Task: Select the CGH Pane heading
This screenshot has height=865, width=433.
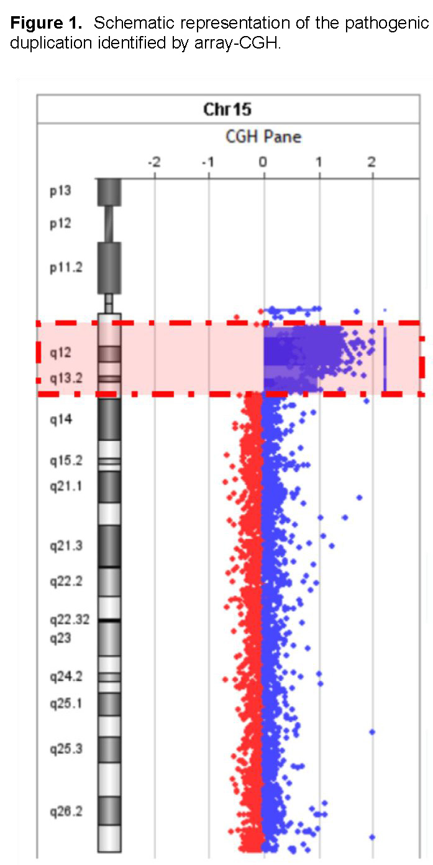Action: (x=263, y=137)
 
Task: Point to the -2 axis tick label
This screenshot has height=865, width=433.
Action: (x=153, y=163)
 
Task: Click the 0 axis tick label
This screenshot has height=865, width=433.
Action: (x=263, y=163)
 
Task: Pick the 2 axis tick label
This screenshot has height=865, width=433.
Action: (x=371, y=163)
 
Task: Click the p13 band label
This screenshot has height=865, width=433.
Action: (x=60, y=191)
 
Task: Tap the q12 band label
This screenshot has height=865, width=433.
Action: (x=61, y=353)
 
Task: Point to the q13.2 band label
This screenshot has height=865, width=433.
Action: (x=66, y=378)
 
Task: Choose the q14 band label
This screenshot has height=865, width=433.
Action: (x=61, y=420)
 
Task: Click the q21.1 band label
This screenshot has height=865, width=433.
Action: (x=66, y=486)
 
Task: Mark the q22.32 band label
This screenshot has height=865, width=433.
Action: (x=70, y=620)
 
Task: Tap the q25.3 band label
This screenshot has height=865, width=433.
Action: (x=66, y=749)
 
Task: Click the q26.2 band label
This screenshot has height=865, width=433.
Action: (x=66, y=812)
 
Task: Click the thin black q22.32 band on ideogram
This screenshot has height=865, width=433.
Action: (x=109, y=621)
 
